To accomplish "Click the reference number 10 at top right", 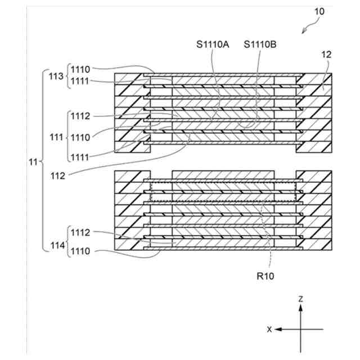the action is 318,11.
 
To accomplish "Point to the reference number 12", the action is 327,56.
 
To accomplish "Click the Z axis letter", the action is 301,299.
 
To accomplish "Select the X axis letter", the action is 269,329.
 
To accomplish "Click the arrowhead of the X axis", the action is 277,329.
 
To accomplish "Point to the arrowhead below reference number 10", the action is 305,31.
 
